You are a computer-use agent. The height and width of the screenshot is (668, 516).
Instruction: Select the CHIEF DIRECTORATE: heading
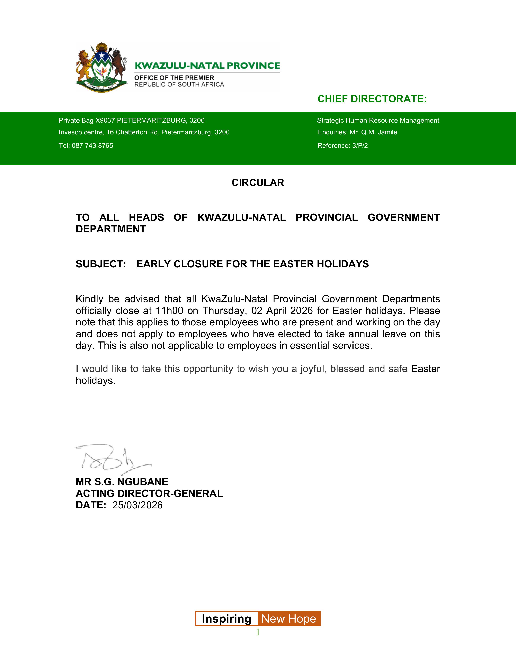372,99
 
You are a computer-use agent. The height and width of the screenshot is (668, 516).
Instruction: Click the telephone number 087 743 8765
92,146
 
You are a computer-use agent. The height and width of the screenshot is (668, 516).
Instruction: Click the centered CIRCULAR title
258,183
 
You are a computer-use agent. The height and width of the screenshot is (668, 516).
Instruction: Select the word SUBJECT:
101,264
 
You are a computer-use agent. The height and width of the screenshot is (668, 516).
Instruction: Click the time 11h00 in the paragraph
169,311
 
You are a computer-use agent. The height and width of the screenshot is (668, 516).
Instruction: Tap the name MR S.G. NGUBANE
122,482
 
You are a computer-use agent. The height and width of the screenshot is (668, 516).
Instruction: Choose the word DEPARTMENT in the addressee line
111,229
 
